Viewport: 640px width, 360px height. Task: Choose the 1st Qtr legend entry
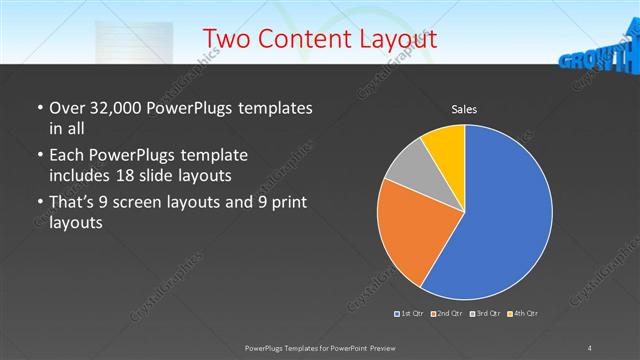pos(410,314)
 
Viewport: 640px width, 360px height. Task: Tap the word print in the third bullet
pos(288,204)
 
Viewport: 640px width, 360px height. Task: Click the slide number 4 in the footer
pos(590,347)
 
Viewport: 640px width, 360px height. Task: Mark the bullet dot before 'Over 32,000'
pos(38,108)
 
